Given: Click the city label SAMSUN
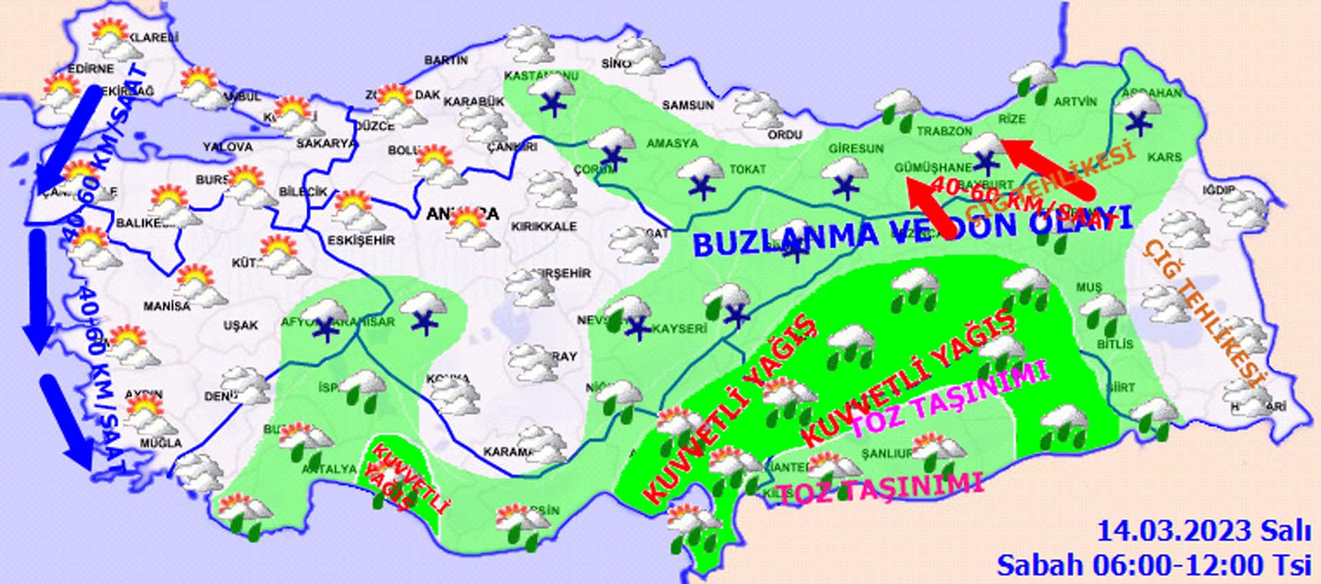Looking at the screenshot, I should click(687, 105).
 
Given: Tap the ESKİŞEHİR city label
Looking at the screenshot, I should click(361, 240).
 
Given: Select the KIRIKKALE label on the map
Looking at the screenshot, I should click(544, 226).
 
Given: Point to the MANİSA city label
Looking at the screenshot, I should click(167, 305).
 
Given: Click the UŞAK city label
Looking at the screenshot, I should click(241, 325).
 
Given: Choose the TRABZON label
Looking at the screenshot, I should click(944, 131).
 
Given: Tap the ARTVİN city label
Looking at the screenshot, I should click(1075, 102).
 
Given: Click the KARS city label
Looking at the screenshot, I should click(1164, 158).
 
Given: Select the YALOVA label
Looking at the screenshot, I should click(228, 147).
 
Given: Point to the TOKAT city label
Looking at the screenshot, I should click(747, 169).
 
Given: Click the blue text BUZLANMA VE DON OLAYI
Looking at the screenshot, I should click(912, 231).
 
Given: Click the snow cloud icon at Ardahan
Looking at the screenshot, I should click(1138, 113).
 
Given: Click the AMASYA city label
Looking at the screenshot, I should click(672, 143).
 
